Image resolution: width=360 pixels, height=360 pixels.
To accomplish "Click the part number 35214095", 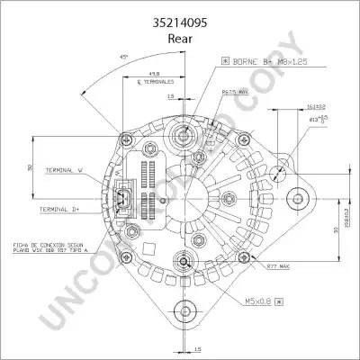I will [x=180, y=13].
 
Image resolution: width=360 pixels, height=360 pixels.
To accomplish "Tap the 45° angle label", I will [x=124, y=57].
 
